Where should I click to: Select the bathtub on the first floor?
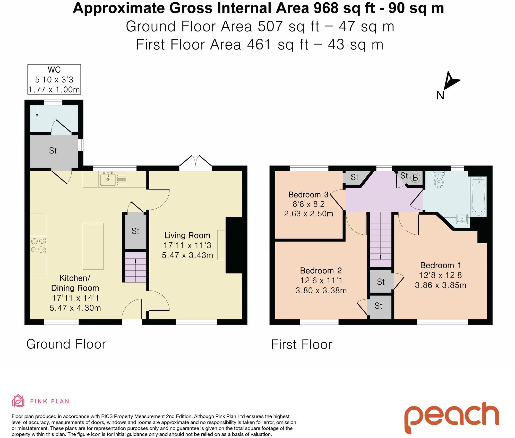tap(478, 196)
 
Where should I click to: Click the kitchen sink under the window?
tap(108, 179)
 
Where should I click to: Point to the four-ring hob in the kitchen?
tap(38, 245)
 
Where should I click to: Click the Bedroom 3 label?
tap(308, 195)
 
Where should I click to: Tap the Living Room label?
tap(187, 235)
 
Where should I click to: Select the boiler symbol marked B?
tap(415, 178)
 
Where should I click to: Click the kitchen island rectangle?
tap(93, 246)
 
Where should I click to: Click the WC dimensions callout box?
tap(54, 79)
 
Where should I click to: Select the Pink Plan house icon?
tap(18, 401)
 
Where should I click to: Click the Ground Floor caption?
tap(66, 344)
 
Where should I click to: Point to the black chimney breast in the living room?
tap(234, 245)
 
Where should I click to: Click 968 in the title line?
tap(326, 8)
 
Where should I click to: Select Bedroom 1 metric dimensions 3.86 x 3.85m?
tap(440, 285)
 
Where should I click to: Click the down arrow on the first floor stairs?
tap(381, 257)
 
